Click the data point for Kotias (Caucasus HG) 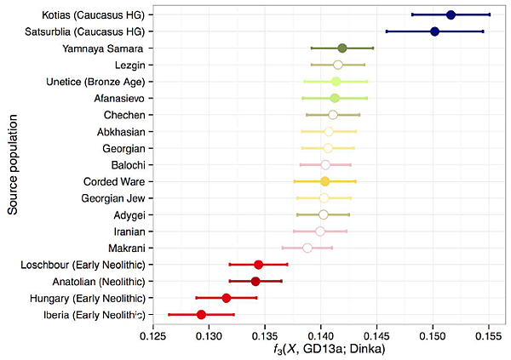(x=451, y=14)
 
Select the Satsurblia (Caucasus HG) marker (x=434, y=31)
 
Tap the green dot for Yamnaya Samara (x=342, y=48)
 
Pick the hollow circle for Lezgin (x=337, y=65)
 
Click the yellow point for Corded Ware (x=324, y=181)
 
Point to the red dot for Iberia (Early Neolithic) (x=201, y=314)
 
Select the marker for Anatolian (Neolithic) (x=255, y=281)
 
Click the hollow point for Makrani (x=307, y=248)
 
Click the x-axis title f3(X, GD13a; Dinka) (x=320, y=351)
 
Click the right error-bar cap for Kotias (x=490, y=14)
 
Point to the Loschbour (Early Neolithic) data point (x=259, y=264)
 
